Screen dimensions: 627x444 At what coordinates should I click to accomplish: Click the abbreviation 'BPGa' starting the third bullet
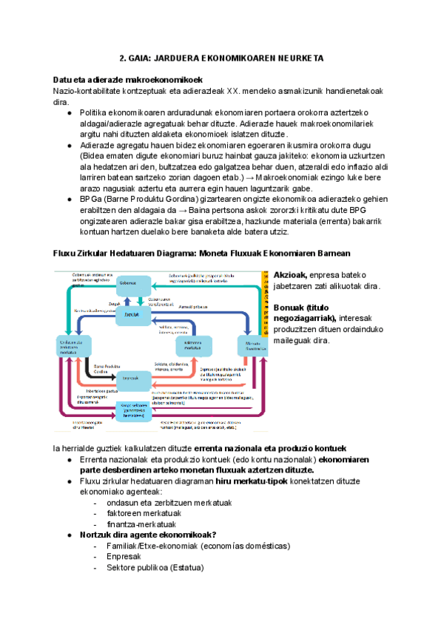[92, 199]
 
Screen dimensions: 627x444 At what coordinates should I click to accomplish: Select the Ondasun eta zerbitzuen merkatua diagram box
[73, 345]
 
